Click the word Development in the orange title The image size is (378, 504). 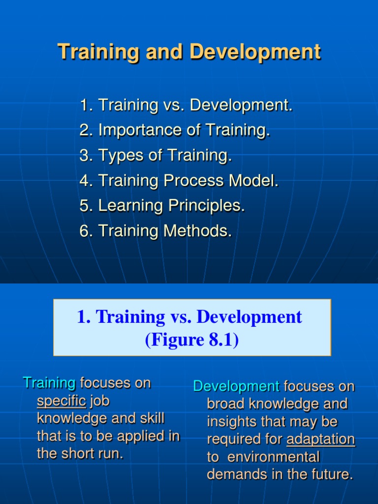[255, 52]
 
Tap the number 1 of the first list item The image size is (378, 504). [84, 105]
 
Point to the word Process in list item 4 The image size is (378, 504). [193, 180]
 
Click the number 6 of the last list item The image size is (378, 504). [84, 231]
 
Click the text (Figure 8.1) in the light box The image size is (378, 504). [192, 340]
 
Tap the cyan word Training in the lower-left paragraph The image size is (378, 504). [50, 383]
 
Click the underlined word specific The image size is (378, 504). [62, 401]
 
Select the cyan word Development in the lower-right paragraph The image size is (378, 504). [236, 387]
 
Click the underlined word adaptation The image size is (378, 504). [321, 440]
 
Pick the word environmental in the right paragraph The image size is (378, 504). [274, 457]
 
